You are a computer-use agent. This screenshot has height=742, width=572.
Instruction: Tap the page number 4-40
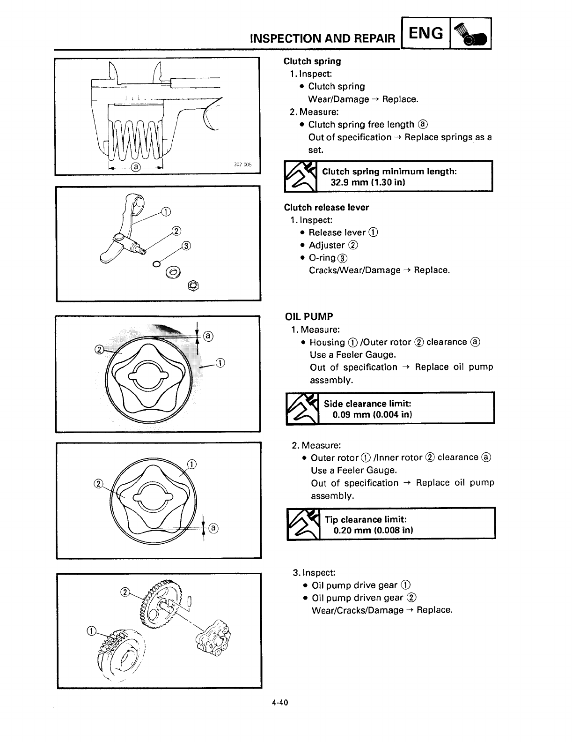click(278, 702)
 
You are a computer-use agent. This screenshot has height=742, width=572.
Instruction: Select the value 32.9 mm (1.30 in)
click(367, 182)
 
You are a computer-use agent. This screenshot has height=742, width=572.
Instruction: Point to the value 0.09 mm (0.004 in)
click(372, 415)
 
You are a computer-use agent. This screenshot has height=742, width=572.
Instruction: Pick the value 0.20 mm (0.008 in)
click(373, 531)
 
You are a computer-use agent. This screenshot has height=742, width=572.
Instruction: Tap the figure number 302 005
click(242, 165)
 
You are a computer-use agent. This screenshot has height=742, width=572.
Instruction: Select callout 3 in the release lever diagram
click(186, 247)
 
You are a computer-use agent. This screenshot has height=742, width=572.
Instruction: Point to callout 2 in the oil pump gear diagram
click(125, 592)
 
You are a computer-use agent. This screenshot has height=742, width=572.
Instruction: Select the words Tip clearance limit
click(366, 519)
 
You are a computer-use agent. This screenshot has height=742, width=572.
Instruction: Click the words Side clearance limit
click(367, 404)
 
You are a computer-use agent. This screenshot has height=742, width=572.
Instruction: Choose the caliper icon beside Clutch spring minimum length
click(301, 177)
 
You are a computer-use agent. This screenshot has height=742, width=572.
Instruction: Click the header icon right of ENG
click(470, 34)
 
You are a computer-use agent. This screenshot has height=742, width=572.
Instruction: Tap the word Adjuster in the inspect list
click(327, 245)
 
